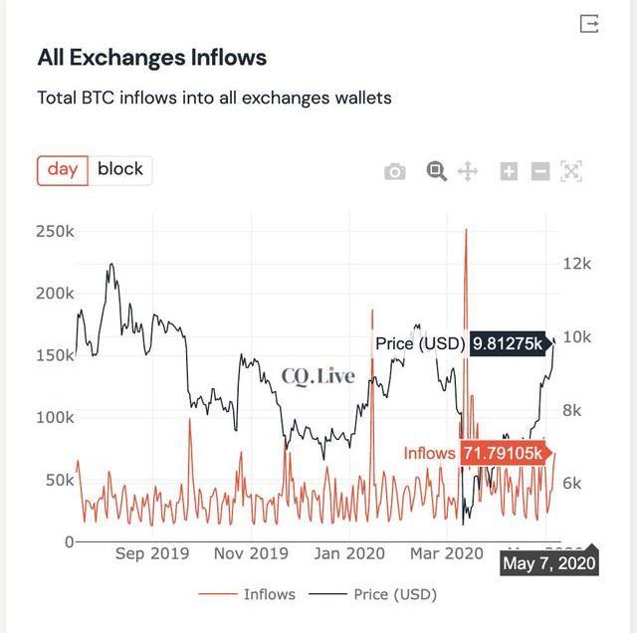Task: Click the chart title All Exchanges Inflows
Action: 151,57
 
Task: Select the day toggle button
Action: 63,169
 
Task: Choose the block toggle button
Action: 120,169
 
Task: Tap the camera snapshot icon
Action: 395,171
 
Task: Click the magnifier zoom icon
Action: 436,171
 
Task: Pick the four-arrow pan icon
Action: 467,171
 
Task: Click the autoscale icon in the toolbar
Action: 570,171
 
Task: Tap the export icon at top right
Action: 589,23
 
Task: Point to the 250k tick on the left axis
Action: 56,232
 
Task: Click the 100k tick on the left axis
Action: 56,417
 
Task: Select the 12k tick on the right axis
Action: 577,264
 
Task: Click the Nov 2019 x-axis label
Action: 251,553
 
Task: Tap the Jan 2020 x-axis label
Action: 350,553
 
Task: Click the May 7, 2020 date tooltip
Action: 548,563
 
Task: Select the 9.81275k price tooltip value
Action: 508,343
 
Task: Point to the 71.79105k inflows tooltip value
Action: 503,454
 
